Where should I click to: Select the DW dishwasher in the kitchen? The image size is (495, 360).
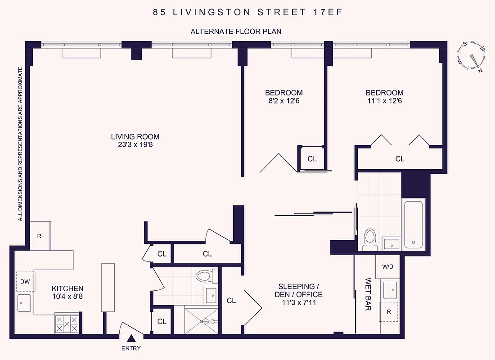[25, 282]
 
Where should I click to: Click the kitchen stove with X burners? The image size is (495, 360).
[67, 323]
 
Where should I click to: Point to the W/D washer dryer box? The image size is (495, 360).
[387, 266]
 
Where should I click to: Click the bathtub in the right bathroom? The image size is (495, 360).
[413, 224]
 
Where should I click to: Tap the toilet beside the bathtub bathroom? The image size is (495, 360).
[370, 239]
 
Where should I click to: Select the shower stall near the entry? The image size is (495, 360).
[201, 321]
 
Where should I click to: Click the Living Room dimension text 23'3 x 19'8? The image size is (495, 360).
[135, 145]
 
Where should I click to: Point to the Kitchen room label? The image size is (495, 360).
[67, 288]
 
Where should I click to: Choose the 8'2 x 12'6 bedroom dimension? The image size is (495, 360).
[283, 101]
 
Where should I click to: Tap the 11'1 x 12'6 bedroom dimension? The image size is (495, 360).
[384, 101]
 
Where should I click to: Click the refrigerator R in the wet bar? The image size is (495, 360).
[388, 311]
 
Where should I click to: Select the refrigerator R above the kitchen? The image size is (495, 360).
[40, 235]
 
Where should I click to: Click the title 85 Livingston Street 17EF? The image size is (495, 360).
[247, 13]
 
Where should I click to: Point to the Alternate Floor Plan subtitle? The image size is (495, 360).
[236, 31]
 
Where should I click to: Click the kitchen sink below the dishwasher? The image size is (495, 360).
[24, 303]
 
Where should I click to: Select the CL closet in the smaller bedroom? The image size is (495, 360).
[312, 158]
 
